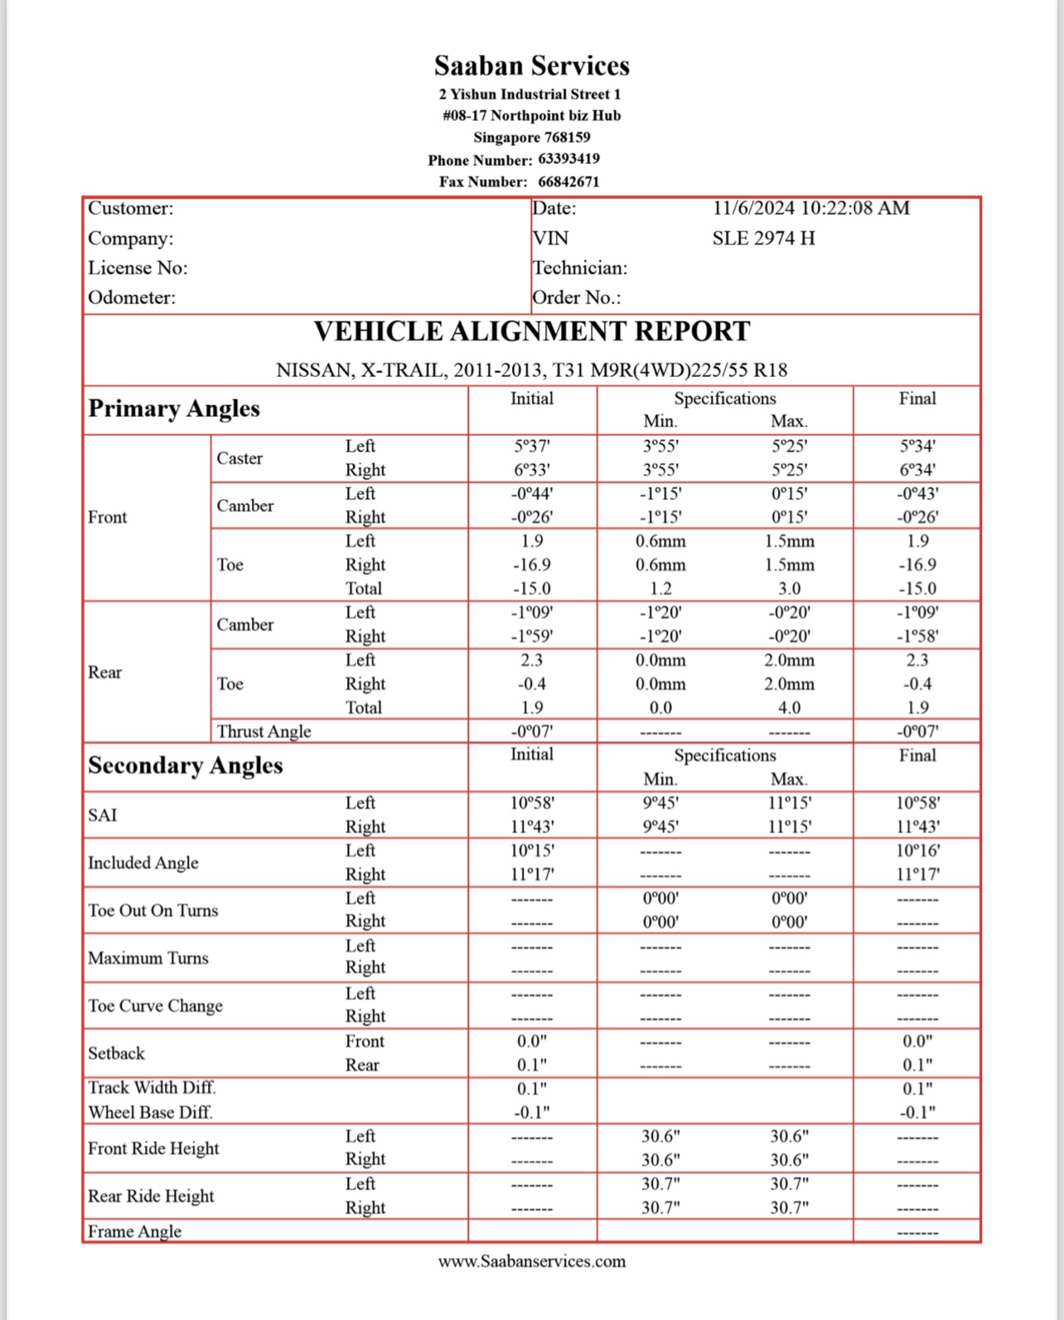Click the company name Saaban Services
click(x=531, y=65)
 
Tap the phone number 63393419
click(x=568, y=159)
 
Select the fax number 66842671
click(x=568, y=181)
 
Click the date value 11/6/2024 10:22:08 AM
click(x=810, y=208)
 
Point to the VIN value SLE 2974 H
click(x=763, y=239)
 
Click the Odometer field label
click(x=132, y=297)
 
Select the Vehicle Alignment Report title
click(x=531, y=331)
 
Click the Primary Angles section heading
click(x=174, y=409)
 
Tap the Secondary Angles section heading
click(x=186, y=765)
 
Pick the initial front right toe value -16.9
click(x=531, y=565)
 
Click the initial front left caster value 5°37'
click(x=531, y=446)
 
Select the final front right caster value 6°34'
click(x=916, y=470)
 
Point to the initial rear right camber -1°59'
click(x=531, y=636)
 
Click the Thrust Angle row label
click(x=264, y=732)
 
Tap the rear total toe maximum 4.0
click(x=789, y=708)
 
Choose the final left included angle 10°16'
click(x=916, y=851)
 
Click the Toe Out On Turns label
click(x=153, y=911)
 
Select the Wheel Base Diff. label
click(x=150, y=1112)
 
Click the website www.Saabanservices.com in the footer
click(x=531, y=1261)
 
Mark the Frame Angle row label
click(x=134, y=1231)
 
